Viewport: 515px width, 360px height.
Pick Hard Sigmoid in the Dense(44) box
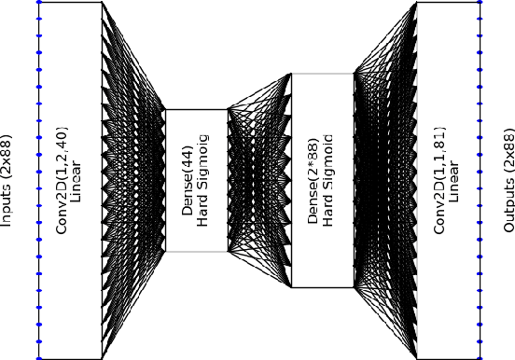[x=204, y=179]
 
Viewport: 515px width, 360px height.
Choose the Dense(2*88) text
[x=313, y=179]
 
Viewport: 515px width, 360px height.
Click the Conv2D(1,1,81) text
[x=438, y=179]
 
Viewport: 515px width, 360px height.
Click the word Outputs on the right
[x=508, y=205]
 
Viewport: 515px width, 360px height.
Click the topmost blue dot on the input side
[x=39, y=2]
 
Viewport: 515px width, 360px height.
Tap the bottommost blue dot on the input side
[x=39, y=357]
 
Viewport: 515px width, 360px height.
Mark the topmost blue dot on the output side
[x=480, y=2]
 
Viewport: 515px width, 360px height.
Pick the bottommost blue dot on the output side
[x=480, y=357]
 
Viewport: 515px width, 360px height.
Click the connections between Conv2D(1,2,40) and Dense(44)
[x=132, y=179]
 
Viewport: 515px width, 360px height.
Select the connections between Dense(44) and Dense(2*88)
[x=259, y=179]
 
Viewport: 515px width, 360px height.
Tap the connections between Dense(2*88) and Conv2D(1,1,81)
[x=384, y=179]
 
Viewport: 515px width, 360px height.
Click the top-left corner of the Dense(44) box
[x=165, y=109]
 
